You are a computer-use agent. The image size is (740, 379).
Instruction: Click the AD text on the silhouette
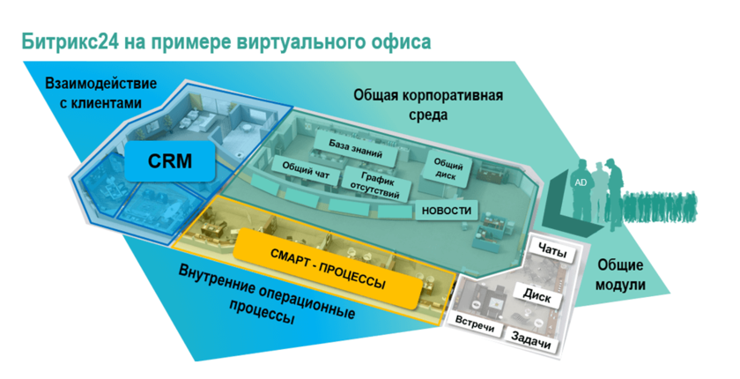(x=580, y=182)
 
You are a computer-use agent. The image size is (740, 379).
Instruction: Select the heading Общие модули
(x=621, y=275)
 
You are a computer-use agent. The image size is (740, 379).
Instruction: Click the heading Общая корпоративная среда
(x=417, y=104)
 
